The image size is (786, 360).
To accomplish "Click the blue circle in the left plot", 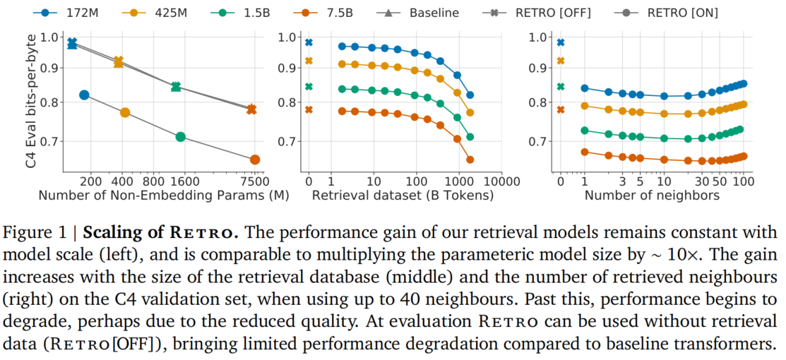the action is pos(84,95).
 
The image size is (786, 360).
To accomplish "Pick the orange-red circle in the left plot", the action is pos(255,160).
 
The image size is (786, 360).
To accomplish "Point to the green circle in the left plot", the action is pos(181,137).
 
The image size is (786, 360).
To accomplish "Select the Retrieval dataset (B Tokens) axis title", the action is pos(402,196).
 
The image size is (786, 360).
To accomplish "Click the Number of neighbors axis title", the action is pos(652,196).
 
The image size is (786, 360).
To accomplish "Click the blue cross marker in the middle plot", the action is pos(309,42).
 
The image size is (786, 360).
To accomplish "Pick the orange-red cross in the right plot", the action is pos(561,109).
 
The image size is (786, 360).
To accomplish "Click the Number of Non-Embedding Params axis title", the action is pos(164,196).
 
